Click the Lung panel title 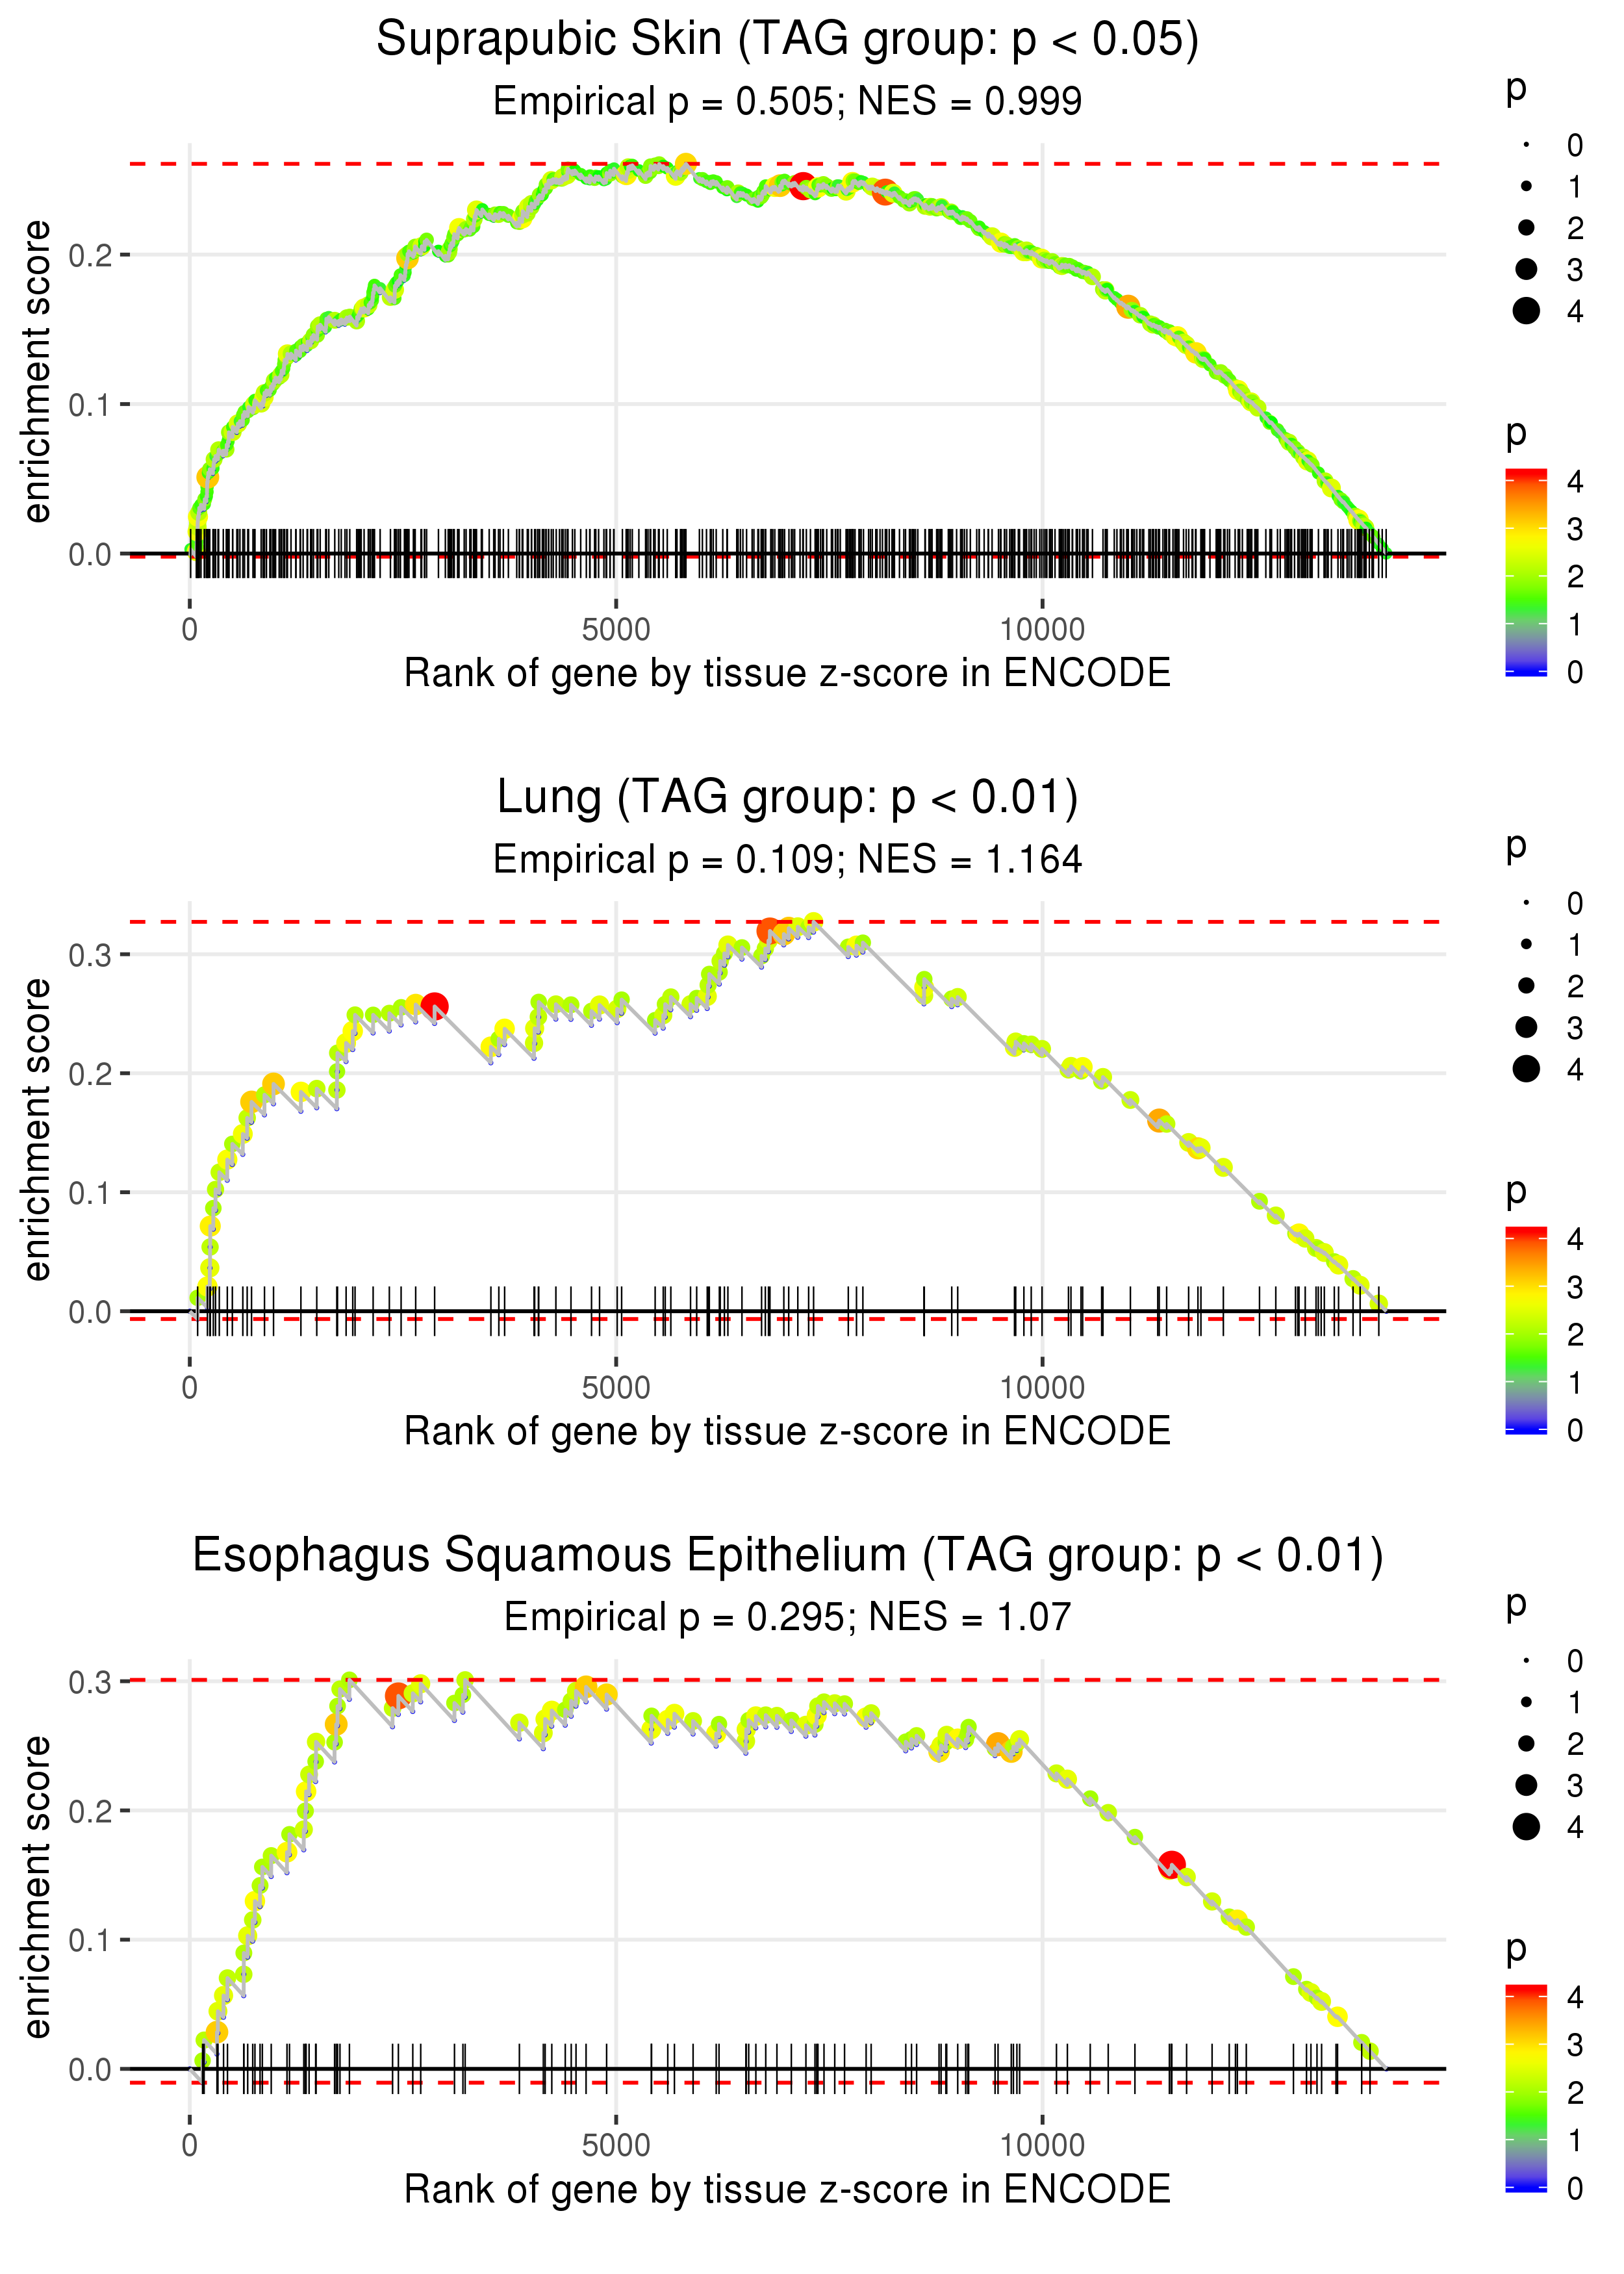coord(787,798)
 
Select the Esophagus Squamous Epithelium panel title coord(787,1555)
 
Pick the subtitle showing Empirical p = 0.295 coord(787,1617)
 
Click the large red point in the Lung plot coord(434,1006)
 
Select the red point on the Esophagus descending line coord(1171,1865)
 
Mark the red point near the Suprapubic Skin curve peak coord(802,185)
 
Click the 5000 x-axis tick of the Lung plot coord(616,1387)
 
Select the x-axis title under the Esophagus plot coord(787,2189)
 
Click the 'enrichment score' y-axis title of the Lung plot coord(37,1130)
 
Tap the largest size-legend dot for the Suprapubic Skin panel coord(1526,311)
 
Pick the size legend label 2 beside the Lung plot coord(1575,987)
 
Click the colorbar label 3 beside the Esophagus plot coord(1575,2045)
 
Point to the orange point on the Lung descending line coord(1158,1120)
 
